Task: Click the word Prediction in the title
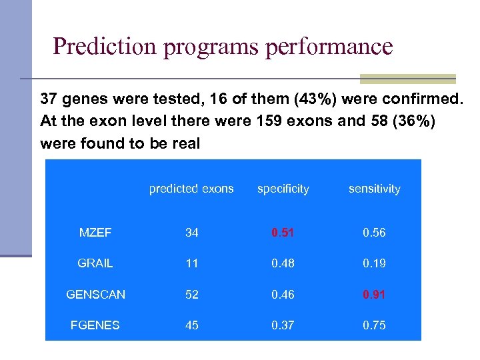pos(101,47)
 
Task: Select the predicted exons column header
pos(191,189)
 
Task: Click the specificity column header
pos(283,189)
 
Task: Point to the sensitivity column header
pos(374,189)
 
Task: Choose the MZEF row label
pos(95,233)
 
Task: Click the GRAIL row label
pos(95,263)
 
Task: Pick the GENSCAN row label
pos(95,294)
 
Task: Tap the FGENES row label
pos(95,325)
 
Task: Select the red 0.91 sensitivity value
pos(374,294)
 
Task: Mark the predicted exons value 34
pos(192,233)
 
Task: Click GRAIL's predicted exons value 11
pos(192,263)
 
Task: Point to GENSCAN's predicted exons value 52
pos(192,294)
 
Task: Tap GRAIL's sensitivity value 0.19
pos(374,263)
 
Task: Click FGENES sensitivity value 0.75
pos(374,325)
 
